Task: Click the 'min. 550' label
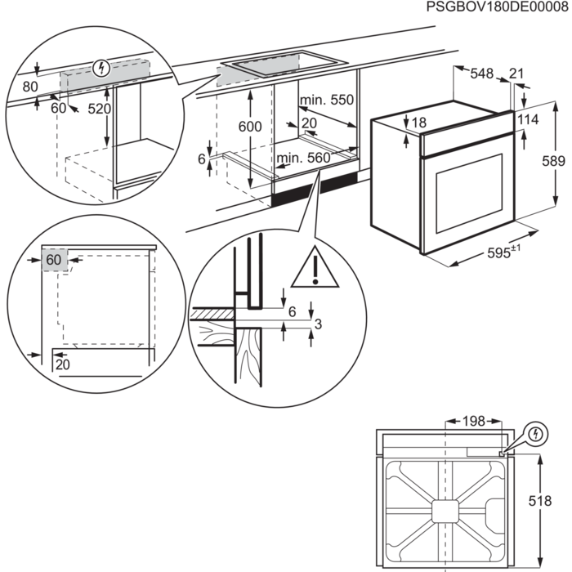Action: (x=326, y=100)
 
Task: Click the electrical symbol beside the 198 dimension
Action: (x=534, y=433)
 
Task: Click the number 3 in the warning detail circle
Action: (x=319, y=324)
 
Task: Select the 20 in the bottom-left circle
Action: (x=63, y=364)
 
